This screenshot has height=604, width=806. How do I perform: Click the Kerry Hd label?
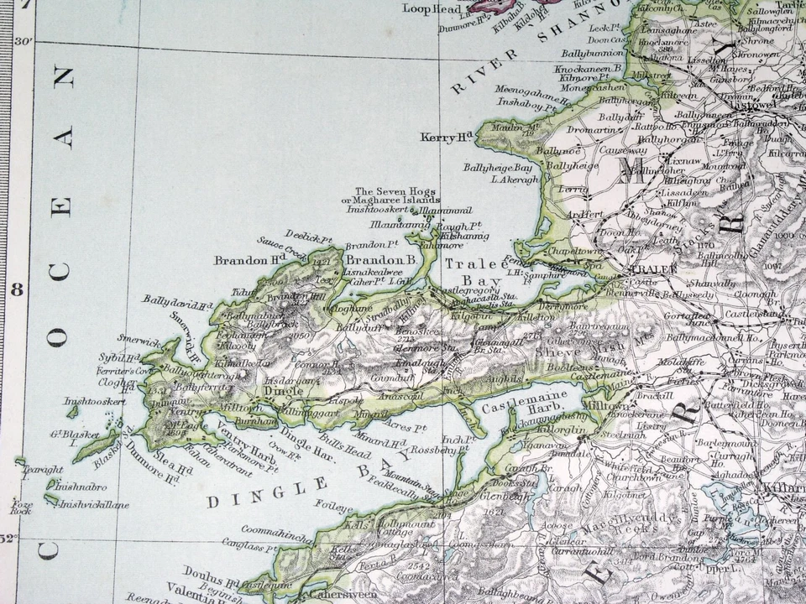[449, 138]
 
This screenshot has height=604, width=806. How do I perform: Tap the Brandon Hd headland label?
[244, 260]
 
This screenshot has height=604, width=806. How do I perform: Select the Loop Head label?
[432, 8]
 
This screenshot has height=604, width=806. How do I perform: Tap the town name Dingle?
[282, 390]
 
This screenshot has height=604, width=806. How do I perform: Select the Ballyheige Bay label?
[499, 168]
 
